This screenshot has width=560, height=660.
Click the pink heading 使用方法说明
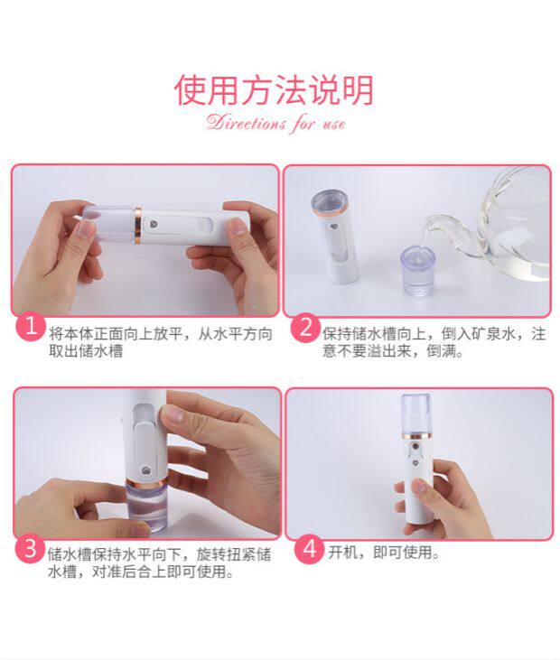pos(274,89)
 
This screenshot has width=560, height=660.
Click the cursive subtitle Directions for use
pos(275,124)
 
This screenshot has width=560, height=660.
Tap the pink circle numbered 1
pos(31,326)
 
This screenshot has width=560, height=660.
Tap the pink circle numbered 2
pos(305,328)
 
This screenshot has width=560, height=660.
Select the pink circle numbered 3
pos(31,548)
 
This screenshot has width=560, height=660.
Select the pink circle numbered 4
pos(309,548)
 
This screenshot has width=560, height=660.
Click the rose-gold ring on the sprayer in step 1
pos(138,225)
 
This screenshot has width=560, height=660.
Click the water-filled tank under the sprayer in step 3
pos(146,506)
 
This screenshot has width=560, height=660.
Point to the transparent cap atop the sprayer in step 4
pos(415,414)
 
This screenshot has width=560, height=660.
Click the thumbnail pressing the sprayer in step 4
pos(419,487)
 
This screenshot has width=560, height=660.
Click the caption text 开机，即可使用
pos(384,552)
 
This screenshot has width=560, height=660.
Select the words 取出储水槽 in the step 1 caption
pos(86,350)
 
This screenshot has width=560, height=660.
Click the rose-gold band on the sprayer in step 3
pos(146,482)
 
